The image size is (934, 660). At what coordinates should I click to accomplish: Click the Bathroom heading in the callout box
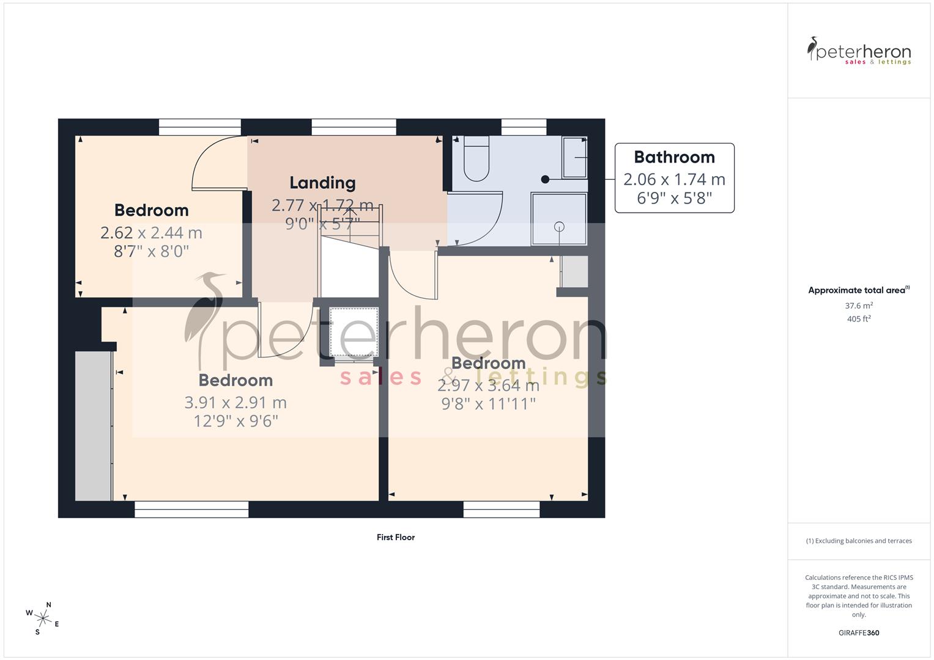click(674, 157)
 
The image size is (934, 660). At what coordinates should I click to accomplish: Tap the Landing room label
click(322, 183)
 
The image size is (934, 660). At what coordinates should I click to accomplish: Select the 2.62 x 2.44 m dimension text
click(151, 233)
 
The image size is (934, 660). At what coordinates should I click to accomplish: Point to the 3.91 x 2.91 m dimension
click(235, 403)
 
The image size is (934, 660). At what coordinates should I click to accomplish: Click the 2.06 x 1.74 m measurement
click(674, 180)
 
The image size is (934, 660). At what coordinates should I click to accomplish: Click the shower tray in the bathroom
click(559, 219)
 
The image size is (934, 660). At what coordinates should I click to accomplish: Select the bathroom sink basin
click(575, 157)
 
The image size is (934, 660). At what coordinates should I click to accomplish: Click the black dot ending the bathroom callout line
click(545, 180)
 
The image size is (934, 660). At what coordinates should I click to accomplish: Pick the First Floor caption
click(396, 538)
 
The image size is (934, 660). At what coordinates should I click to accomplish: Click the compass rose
click(43, 618)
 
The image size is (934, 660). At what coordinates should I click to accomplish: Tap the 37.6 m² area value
click(859, 306)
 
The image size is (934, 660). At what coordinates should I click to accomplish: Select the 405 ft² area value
click(859, 319)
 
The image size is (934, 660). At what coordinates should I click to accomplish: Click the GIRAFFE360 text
click(859, 633)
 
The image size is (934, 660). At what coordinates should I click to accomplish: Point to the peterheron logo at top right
click(859, 51)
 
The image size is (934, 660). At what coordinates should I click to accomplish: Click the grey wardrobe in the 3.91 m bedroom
click(93, 425)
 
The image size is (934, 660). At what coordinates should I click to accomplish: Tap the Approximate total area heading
click(858, 290)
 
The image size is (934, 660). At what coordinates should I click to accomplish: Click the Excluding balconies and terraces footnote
click(859, 541)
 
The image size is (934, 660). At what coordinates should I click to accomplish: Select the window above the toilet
click(524, 127)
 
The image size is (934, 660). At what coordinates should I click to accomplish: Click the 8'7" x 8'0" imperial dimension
click(151, 251)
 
